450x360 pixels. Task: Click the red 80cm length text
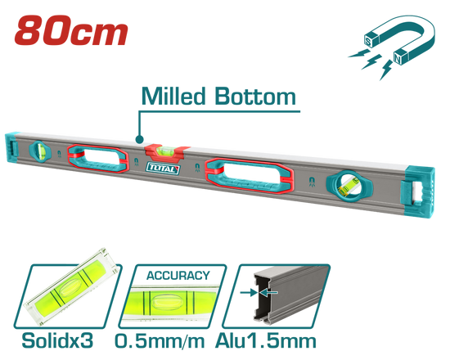71,30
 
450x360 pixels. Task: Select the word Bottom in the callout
255,97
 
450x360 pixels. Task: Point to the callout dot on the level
139,140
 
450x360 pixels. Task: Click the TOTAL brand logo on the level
163,169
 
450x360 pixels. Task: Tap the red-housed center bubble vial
167,151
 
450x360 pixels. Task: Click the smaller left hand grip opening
98,159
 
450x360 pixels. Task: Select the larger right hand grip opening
249,175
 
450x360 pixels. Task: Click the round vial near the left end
40,151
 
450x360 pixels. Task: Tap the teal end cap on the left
11,148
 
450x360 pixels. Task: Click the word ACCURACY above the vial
178,276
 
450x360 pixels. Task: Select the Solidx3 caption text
57,340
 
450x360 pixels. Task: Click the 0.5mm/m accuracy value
160,341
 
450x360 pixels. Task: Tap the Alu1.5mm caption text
266,340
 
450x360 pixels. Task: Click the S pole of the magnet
369,41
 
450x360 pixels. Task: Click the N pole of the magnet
398,58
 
